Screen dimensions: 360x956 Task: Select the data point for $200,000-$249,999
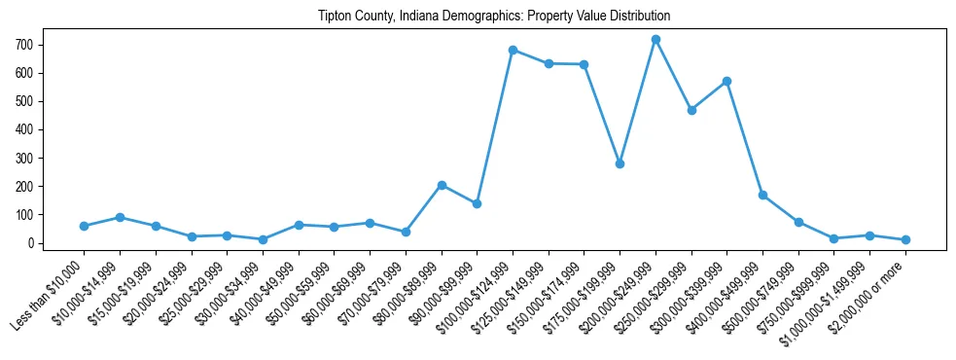tap(655, 40)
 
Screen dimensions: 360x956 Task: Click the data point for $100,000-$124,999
tap(513, 50)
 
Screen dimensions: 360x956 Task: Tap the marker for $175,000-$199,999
tap(620, 163)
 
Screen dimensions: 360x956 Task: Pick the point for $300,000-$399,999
tap(726, 81)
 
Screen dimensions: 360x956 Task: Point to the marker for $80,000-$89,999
tap(442, 185)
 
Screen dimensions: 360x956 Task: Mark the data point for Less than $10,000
tap(84, 226)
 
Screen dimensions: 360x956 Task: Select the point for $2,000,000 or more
tap(905, 239)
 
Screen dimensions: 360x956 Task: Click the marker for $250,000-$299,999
tap(691, 110)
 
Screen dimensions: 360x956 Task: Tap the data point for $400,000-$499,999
tap(762, 195)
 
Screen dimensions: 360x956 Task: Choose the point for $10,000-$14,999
tap(120, 217)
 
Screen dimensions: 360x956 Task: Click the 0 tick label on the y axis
tap(32, 243)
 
